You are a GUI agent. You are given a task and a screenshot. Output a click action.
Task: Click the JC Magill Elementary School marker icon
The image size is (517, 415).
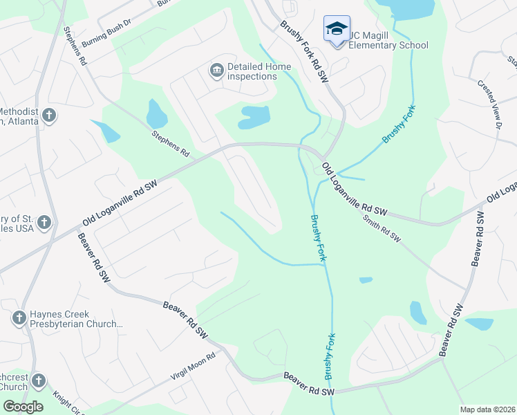337,28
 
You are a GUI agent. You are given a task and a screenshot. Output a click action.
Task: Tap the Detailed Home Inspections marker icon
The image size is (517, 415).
216,71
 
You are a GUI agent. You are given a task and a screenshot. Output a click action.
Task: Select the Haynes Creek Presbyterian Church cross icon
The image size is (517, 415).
19,317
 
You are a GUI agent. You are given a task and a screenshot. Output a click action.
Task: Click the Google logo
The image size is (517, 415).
23,407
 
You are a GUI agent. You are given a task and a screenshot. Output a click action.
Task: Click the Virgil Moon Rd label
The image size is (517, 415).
194,367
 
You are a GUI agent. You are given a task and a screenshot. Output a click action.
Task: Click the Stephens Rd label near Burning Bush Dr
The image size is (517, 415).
74,46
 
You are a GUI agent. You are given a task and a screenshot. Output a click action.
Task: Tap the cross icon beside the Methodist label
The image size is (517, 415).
48,115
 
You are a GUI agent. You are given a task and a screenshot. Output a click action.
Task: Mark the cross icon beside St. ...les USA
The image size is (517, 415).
44,223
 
